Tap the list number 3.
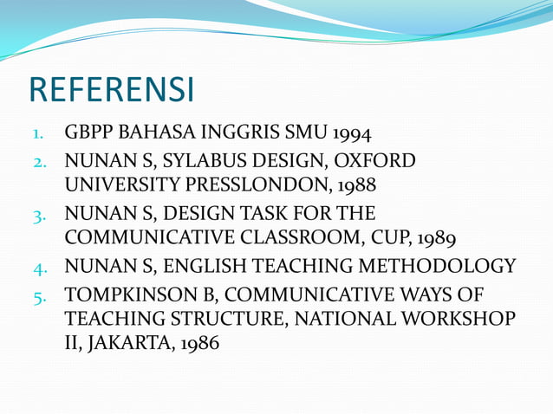38,214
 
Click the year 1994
352,134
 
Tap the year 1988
358,184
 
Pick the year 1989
439,238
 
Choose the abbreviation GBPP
89,134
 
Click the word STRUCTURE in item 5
235,320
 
